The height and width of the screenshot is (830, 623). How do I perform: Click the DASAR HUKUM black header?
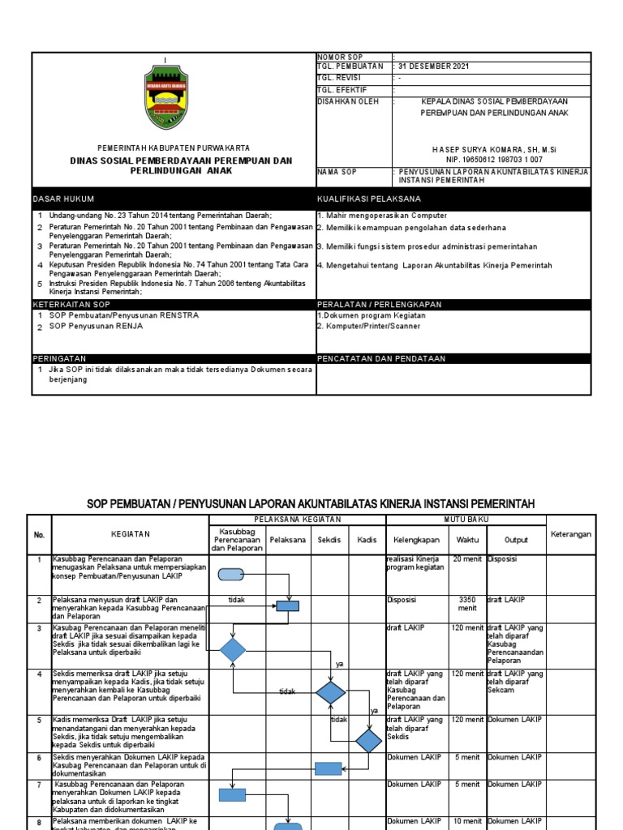[x=64, y=199]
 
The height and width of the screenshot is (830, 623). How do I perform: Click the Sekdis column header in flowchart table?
[x=329, y=538]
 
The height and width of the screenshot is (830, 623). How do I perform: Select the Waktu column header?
[x=467, y=538]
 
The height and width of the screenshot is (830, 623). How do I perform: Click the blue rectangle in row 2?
[x=287, y=605]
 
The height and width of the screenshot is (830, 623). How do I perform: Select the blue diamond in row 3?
[x=232, y=650]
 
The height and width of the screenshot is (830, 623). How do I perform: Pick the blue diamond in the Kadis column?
[x=368, y=740]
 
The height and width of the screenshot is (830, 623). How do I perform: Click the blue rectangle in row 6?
[x=328, y=768]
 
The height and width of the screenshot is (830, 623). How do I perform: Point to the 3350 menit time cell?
[x=467, y=604]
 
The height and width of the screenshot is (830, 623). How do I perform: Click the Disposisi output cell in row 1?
[x=502, y=558]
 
